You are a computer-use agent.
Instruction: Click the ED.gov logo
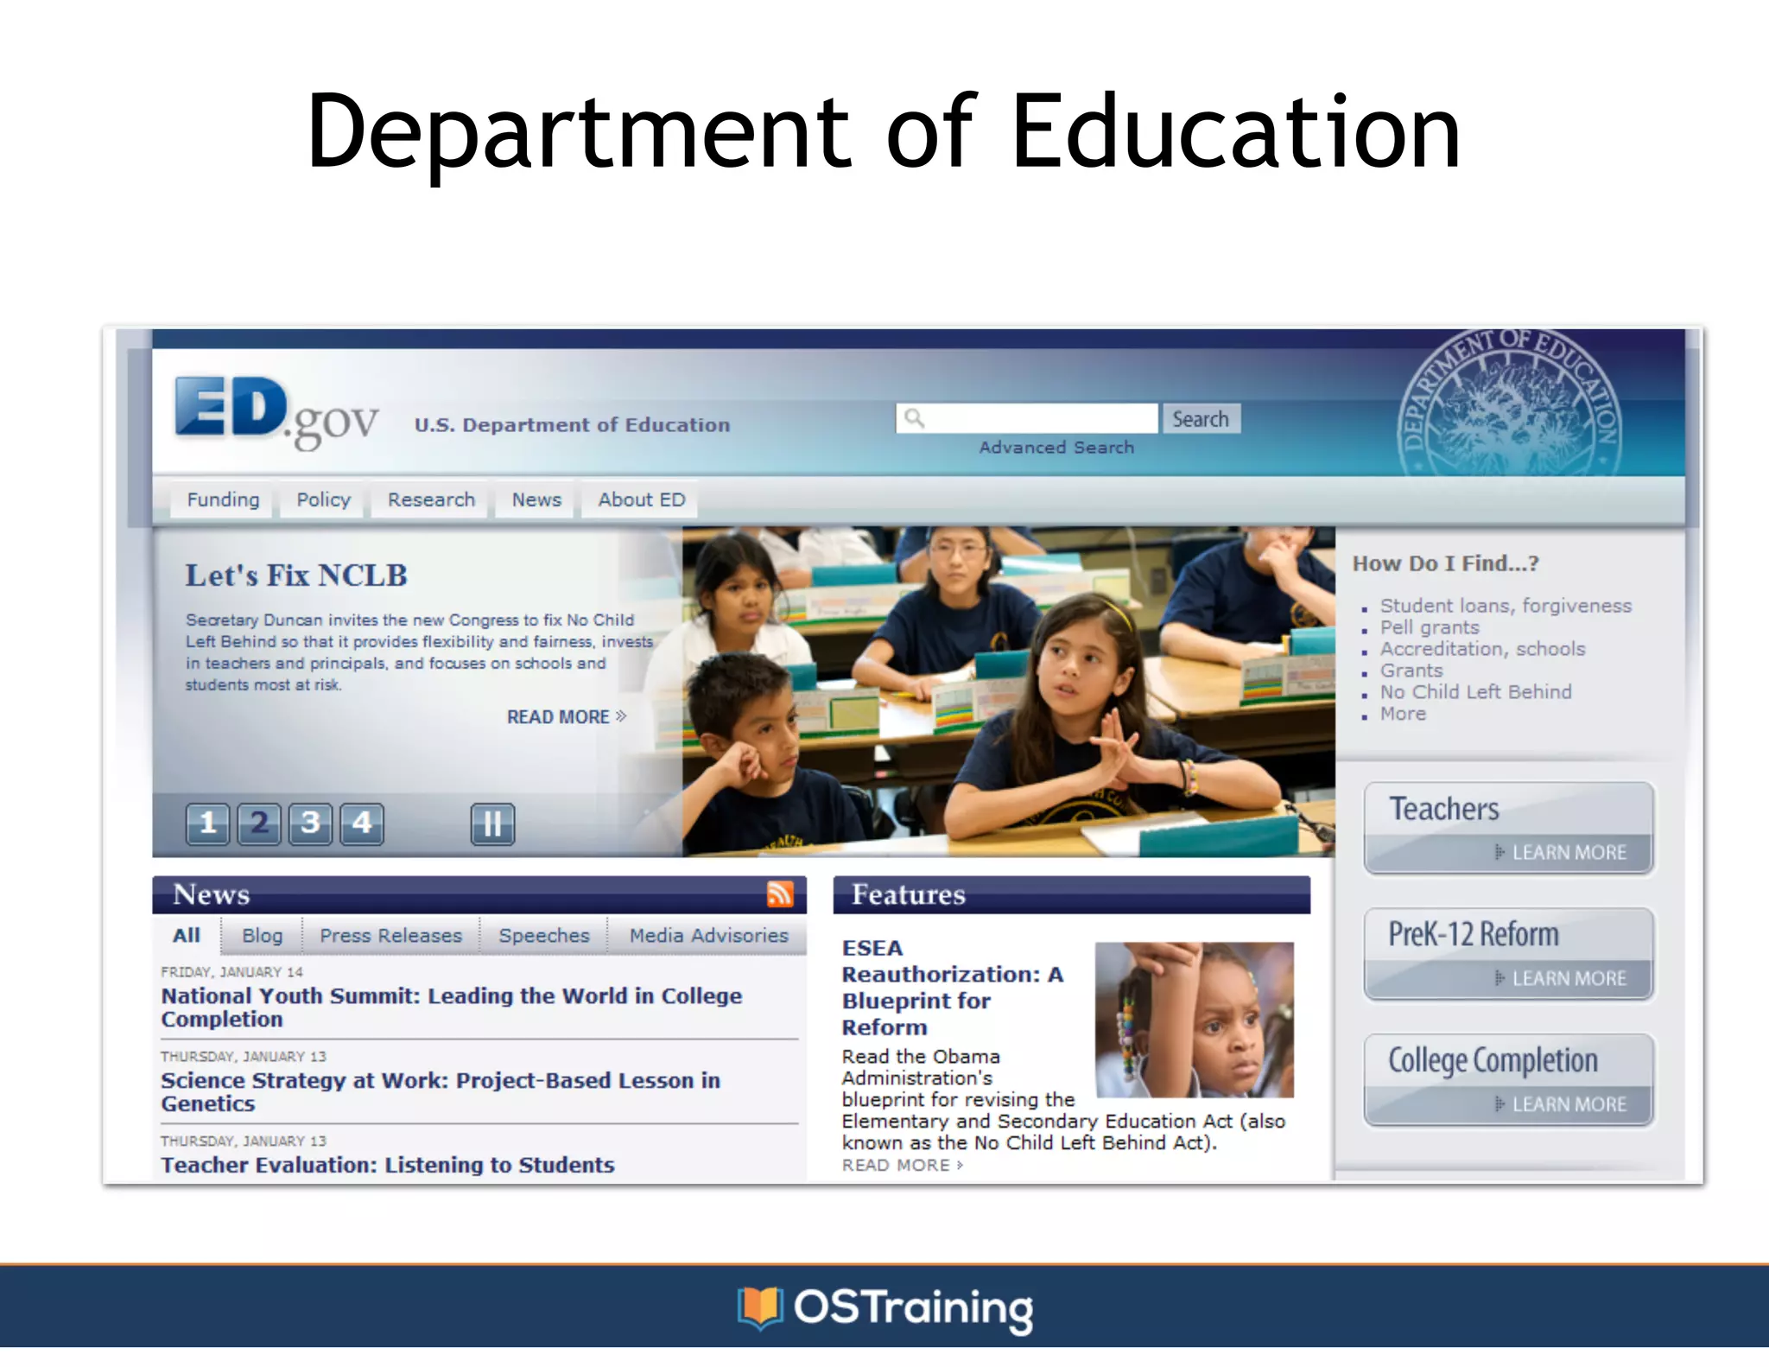(x=276, y=411)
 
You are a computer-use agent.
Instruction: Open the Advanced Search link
(x=1056, y=448)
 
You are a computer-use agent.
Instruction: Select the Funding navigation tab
(x=223, y=500)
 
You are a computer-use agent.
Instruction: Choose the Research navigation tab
(x=431, y=500)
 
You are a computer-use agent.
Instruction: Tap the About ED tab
(x=641, y=500)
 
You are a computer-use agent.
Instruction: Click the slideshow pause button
(x=492, y=823)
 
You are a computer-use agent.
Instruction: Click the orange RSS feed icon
(x=780, y=893)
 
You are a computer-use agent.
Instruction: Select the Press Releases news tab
(x=390, y=936)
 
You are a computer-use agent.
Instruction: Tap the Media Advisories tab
(x=708, y=936)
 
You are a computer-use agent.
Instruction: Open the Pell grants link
(x=1430, y=628)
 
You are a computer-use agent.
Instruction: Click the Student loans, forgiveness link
(x=1506, y=607)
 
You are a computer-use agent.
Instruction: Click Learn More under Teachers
(x=1568, y=853)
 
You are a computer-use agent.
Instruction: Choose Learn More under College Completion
(x=1568, y=1104)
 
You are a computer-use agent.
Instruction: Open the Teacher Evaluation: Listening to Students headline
(x=388, y=1165)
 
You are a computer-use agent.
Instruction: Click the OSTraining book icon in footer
(x=759, y=1307)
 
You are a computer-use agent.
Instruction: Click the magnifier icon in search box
(x=914, y=419)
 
